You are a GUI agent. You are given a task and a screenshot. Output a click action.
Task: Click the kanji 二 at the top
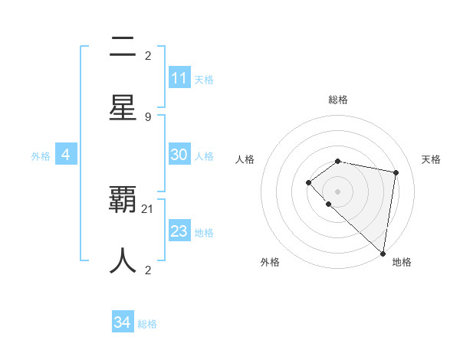pyautogui.click(x=123, y=48)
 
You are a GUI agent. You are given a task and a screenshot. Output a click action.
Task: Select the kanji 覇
pyautogui.click(x=123, y=200)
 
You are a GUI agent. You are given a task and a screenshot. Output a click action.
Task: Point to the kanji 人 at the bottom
pyautogui.click(x=123, y=260)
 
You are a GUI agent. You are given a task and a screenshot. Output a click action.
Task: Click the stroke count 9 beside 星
pyautogui.click(x=148, y=116)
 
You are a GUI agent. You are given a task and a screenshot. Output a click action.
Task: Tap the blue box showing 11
pyautogui.click(x=179, y=78)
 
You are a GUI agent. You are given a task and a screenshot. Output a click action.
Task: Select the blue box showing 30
pyautogui.click(x=179, y=155)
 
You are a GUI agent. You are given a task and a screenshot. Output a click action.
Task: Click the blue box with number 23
pyautogui.click(x=179, y=231)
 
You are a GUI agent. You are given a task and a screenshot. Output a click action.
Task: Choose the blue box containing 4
pyautogui.click(x=66, y=155)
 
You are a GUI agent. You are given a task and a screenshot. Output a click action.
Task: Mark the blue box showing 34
pyautogui.click(x=123, y=322)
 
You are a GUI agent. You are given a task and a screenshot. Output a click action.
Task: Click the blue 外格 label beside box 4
pyautogui.click(x=41, y=155)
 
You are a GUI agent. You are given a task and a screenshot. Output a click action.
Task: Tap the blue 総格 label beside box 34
pyautogui.click(x=147, y=324)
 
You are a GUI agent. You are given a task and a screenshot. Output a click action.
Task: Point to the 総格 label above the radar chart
pyautogui.click(x=337, y=100)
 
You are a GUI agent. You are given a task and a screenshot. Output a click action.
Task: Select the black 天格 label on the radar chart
pyautogui.click(x=431, y=159)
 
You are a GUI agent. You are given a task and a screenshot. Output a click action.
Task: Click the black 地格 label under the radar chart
pyautogui.click(x=402, y=262)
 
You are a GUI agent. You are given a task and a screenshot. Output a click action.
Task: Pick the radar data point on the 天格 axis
pyautogui.click(x=396, y=172)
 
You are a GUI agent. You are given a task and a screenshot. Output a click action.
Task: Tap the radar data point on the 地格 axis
pyautogui.click(x=383, y=253)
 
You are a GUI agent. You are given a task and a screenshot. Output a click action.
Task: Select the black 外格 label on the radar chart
pyautogui.click(x=270, y=262)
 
